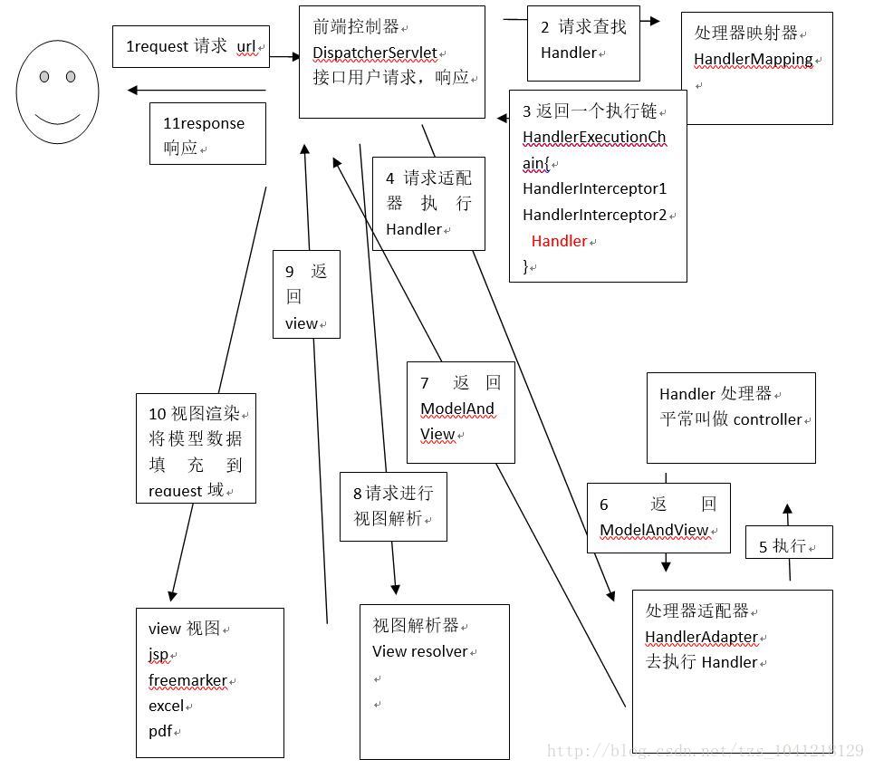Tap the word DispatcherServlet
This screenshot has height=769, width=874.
(x=374, y=53)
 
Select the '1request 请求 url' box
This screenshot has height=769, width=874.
(x=191, y=46)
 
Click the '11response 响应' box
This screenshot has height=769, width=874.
(x=207, y=136)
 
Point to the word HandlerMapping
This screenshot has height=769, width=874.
(x=754, y=60)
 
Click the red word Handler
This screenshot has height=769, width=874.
(x=559, y=241)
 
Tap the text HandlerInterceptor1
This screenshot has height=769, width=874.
(x=594, y=189)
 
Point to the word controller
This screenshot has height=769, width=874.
(x=767, y=419)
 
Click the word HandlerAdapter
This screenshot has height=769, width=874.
(x=701, y=637)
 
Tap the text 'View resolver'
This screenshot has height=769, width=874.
(x=419, y=651)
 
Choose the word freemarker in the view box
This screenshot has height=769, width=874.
(x=187, y=680)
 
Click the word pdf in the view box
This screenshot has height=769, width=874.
(x=160, y=731)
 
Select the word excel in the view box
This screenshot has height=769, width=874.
(x=166, y=706)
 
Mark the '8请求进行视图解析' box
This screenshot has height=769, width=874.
(x=393, y=506)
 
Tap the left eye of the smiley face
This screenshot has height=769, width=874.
(x=44, y=77)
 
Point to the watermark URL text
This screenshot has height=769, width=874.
(x=706, y=751)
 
